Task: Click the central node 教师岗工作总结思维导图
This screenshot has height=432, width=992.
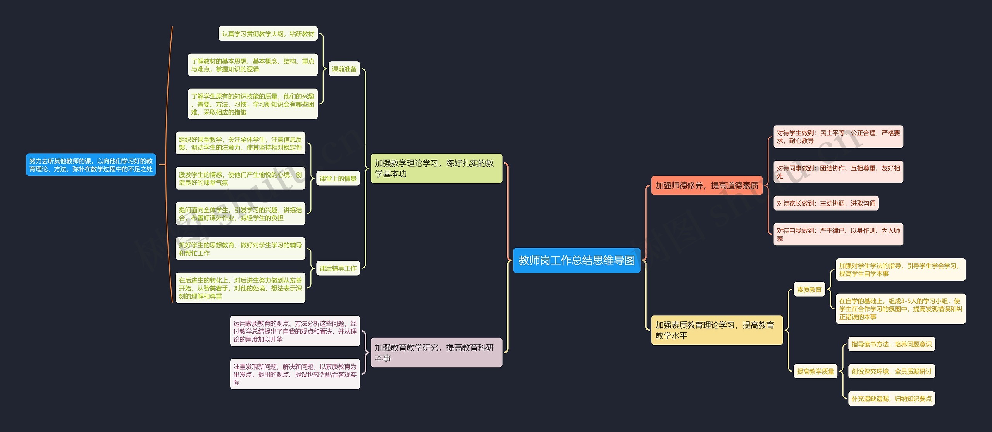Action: click(x=577, y=260)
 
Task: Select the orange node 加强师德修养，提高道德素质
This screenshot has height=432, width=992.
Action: click(x=707, y=186)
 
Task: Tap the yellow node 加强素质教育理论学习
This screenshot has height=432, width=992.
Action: click(x=716, y=330)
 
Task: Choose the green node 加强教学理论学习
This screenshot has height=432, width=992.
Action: click(x=436, y=168)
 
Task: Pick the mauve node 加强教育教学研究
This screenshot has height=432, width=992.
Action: click(x=436, y=353)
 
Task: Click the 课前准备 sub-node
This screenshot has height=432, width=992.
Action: click(x=344, y=69)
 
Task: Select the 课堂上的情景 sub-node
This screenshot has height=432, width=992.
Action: click(x=338, y=178)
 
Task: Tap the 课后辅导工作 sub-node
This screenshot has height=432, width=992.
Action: click(x=338, y=268)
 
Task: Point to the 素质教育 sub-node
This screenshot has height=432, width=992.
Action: click(x=809, y=289)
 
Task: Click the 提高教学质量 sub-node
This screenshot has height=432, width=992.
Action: click(x=815, y=371)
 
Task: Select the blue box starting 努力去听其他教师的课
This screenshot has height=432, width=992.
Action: click(x=91, y=165)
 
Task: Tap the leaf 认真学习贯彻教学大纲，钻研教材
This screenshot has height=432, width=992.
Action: click(x=268, y=34)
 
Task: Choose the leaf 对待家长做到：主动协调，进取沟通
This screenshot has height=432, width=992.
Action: click(x=826, y=203)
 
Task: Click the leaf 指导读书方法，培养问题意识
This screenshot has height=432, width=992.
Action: click(x=891, y=344)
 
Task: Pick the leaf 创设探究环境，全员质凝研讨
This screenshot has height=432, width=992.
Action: click(x=891, y=371)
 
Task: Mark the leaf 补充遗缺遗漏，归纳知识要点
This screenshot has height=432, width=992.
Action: click(x=891, y=399)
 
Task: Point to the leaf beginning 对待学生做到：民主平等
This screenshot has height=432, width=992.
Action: click(x=838, y=137)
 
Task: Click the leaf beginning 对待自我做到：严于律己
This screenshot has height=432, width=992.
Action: click(x=838, y=234)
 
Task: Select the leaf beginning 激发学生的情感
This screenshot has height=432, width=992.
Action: click(x=240, y=178)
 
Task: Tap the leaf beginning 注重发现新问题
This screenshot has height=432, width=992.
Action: click(x=295, y=374)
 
